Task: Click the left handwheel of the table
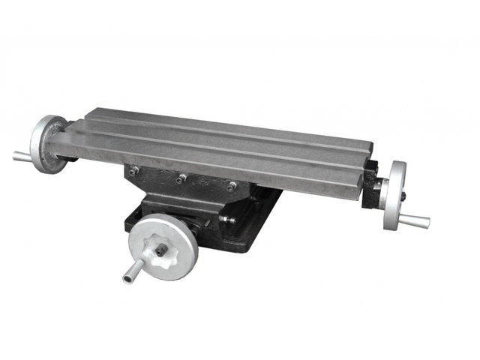[47, 144]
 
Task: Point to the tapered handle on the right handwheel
[415, 220]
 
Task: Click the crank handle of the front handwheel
[133, 272]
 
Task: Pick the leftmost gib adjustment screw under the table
[133, 172]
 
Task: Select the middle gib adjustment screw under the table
[181, 178]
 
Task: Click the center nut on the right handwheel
[402, 196]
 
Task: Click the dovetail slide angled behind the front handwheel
[201, 225]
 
